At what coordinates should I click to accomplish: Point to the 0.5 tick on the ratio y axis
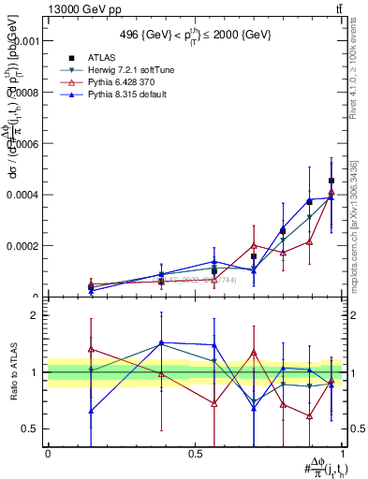(x=31, y=428)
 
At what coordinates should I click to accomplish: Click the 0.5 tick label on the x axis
(x=195, y=453)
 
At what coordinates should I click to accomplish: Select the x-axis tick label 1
(x=342, y=453)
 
